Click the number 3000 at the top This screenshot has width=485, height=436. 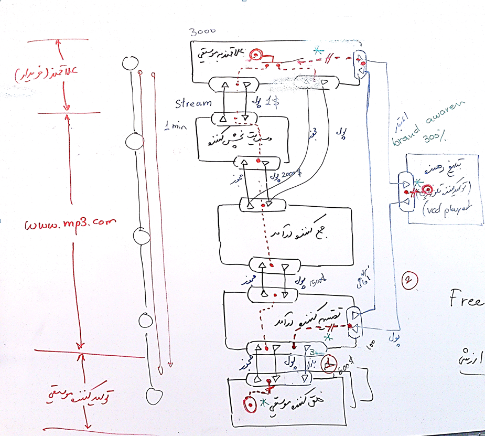(202, 32)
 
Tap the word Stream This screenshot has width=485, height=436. (193, 103)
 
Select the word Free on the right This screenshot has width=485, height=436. (466, 300)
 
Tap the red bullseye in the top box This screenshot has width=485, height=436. (255, 55)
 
